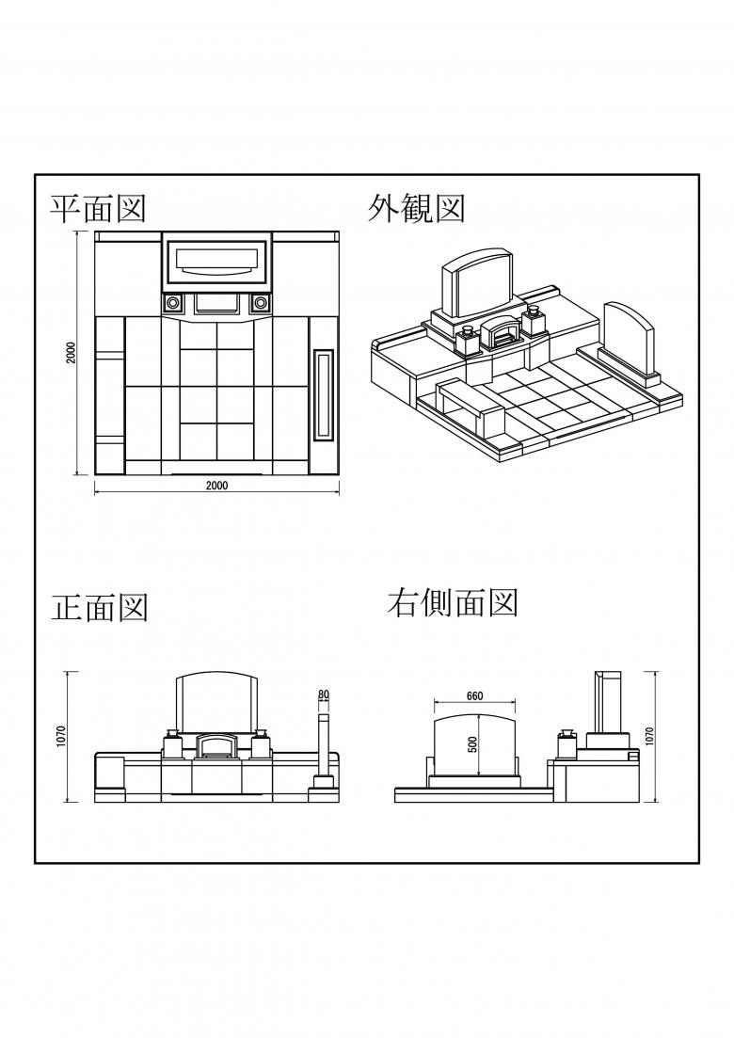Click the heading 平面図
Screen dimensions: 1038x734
98,209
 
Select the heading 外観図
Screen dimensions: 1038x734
416,209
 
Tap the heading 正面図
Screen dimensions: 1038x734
100,608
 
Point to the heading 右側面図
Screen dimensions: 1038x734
453,603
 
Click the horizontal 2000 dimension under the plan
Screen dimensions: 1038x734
216,486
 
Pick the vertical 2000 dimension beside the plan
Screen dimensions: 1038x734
71,353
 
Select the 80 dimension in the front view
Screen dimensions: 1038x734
324,695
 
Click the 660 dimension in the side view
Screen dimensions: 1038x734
474,696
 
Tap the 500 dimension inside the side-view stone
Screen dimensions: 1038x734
473,743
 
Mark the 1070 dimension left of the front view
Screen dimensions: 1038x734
60,737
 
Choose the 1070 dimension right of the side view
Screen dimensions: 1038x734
649,737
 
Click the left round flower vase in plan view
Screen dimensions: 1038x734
173,303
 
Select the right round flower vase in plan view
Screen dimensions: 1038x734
261,303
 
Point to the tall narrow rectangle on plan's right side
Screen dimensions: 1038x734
324,395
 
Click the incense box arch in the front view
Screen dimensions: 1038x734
217,748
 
